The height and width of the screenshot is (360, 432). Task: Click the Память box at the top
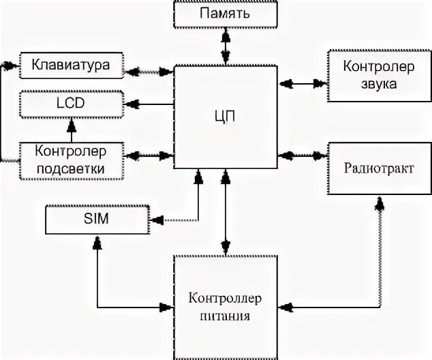tap(224, 14)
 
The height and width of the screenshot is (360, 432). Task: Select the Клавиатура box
tap(71, 66)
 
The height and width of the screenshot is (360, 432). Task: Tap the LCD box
tap(71, 104)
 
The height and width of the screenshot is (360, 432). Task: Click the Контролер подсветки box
tap(71, 158)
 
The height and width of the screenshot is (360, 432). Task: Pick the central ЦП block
tap(227, 116)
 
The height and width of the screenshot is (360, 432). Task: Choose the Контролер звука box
tap(371, 76)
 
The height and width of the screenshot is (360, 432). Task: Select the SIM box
tap(96, 219)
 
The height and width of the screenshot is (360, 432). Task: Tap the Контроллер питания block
tap(226, 307)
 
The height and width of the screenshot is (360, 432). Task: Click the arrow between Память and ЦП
tap(224, 46)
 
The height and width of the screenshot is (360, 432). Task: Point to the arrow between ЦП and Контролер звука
tap(303, 84)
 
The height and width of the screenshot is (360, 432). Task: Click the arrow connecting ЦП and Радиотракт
tap(303, 153)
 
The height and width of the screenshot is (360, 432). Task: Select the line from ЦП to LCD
tap(149, 104)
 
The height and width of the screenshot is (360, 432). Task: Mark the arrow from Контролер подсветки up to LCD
tap(71, 130)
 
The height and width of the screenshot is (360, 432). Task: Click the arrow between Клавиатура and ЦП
tap(149, 70)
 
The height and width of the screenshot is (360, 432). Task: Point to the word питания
tap(226, 316)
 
